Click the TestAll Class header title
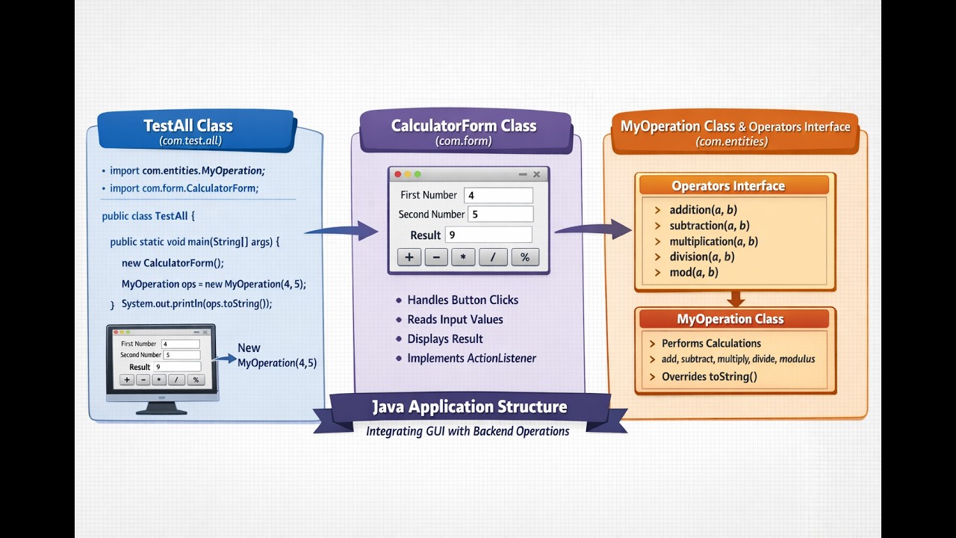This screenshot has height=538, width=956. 188,126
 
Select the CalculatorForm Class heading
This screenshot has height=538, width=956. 463,126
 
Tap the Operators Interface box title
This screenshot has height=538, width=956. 727,186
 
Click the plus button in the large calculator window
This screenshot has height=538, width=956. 409,257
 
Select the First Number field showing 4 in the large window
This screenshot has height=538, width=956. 498,195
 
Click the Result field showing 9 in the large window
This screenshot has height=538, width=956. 488,235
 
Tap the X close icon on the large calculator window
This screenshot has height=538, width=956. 536,174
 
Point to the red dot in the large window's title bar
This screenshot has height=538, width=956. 398,174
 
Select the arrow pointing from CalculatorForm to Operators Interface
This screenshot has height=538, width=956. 594,229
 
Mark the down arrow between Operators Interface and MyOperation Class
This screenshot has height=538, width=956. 736,298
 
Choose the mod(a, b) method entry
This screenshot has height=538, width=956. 693,273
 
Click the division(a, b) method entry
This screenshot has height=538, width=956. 701,257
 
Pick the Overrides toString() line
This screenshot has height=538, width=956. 709,377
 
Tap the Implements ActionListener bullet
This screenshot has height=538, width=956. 471,359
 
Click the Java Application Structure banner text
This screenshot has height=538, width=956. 470,407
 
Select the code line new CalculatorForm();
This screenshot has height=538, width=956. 173,263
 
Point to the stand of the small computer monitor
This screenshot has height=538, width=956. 161,407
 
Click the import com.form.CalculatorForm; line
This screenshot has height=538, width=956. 184,188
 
